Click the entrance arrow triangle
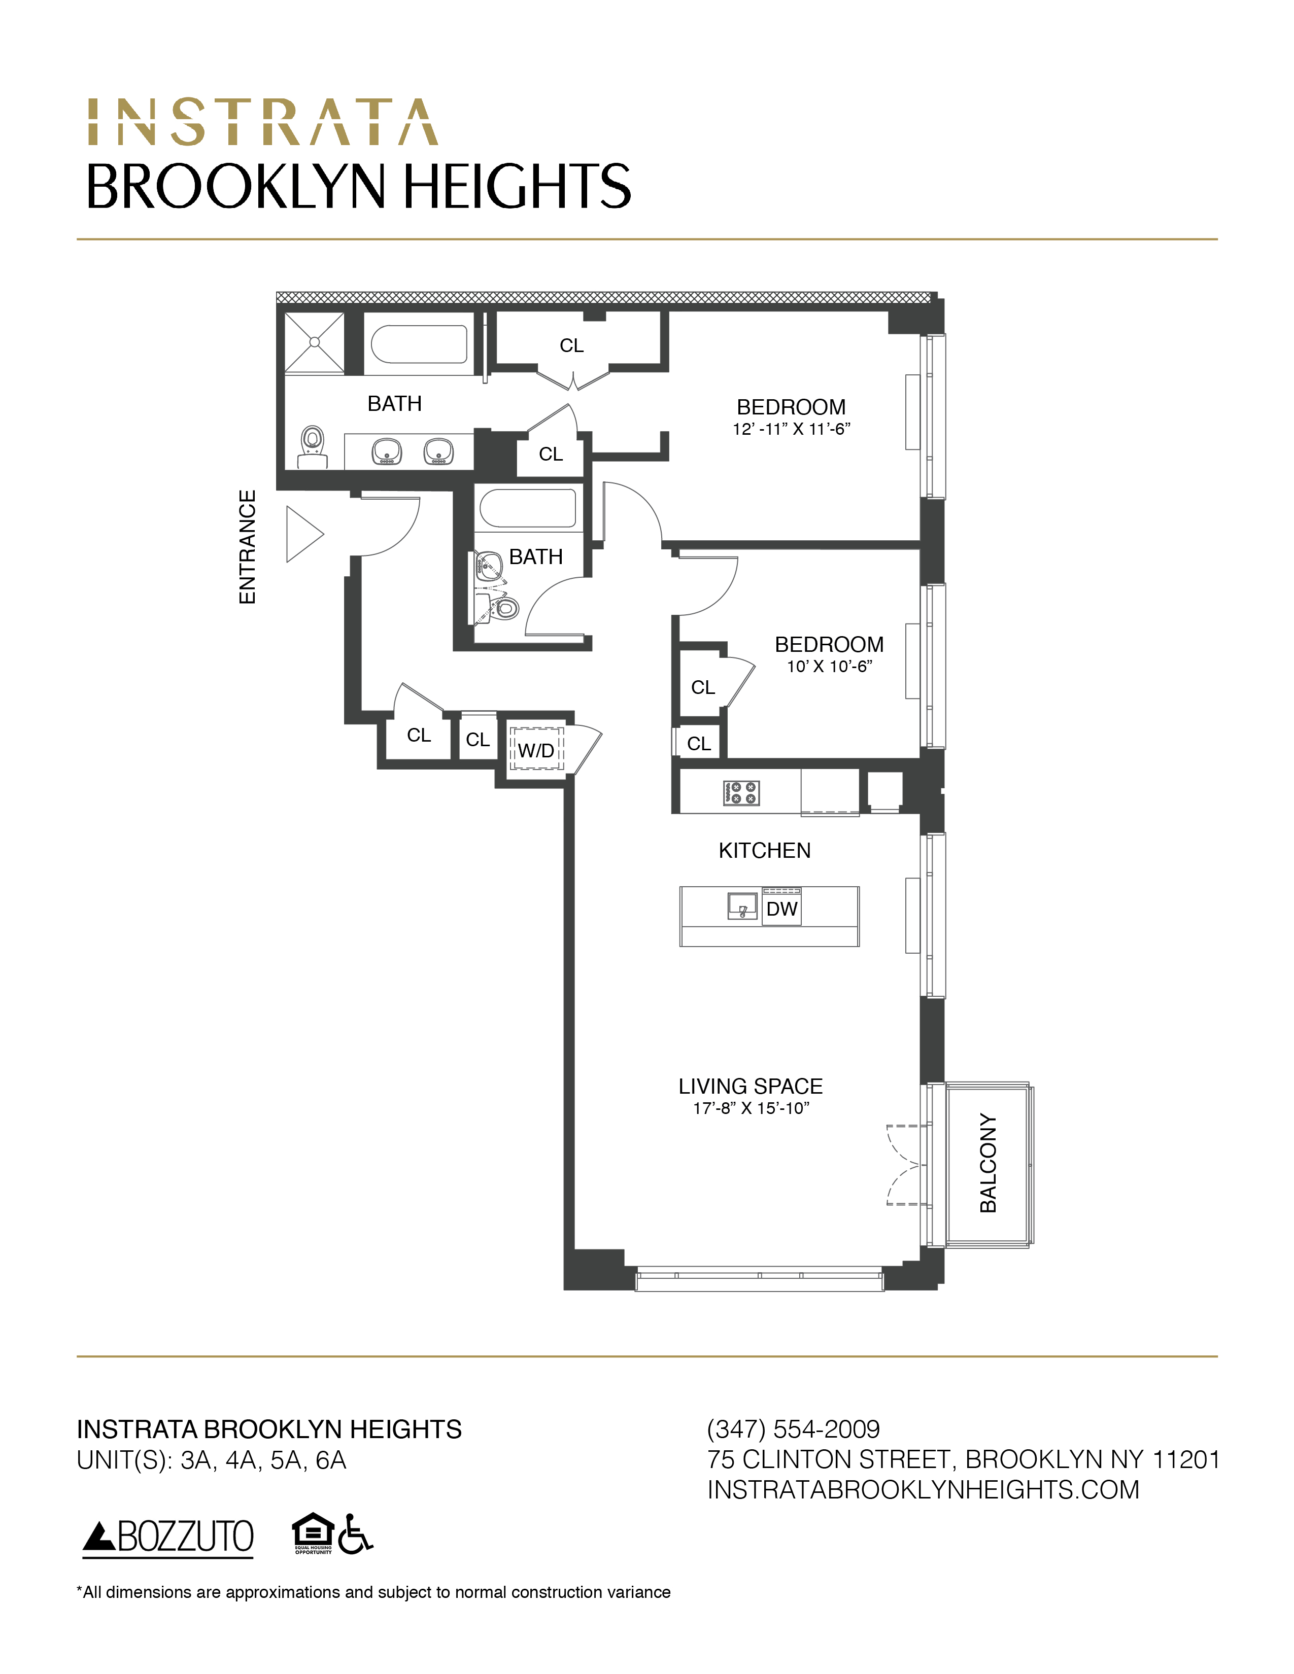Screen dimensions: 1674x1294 click(x=303, y=534)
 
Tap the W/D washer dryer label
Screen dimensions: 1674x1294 click(x=536, y=750)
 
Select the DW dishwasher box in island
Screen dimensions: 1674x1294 click(x=781, y=909)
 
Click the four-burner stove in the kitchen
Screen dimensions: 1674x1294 click(x=740, y=792)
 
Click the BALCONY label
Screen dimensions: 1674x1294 click(x=988, y=1163)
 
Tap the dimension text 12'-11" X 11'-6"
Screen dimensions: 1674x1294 click(x=791, y=429)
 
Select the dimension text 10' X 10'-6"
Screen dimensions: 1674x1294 click(x=829, y=667)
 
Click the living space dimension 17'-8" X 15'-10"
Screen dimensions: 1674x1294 click(x=751, y=1108)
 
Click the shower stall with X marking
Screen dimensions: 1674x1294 click(x=314, y=342)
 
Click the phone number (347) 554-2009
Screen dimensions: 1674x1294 click(x=793, y=1428)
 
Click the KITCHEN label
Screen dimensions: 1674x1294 click(x=764, y=850)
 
